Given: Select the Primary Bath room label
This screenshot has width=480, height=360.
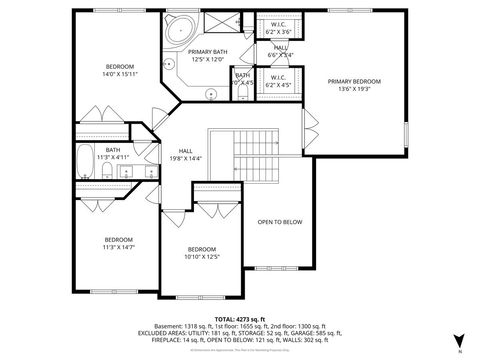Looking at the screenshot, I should coord(207,58).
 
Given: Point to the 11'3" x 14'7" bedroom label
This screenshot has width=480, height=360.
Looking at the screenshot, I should coord(119,243).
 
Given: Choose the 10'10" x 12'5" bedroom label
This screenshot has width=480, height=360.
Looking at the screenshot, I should coord(201,253).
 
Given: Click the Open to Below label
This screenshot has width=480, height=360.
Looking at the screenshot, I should coord(279,222).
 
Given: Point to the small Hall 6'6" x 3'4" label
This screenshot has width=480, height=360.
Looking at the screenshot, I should coord(280,51).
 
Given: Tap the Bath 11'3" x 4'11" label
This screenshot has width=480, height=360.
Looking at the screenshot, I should coord(112,154).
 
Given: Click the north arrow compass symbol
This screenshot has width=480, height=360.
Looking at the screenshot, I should coord(457,340).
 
